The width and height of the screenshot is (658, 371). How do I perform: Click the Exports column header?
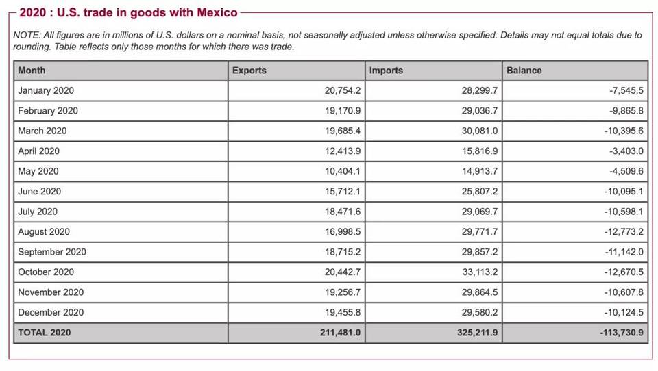pos(249,71)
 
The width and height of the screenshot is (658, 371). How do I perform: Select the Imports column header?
pos(386,71)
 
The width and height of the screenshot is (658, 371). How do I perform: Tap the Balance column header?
pos(524,71)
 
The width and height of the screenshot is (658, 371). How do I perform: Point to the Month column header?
pos(32,71)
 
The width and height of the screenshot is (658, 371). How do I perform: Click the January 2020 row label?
pos(46,90)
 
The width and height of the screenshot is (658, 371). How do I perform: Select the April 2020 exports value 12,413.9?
pos(343,151)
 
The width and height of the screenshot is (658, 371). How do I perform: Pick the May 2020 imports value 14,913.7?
pos(480,171)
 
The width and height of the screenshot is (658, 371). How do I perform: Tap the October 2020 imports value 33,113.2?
pos(480,272)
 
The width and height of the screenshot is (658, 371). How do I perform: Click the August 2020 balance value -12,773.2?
pos(623,232)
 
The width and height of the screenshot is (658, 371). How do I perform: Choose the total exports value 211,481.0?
pos(340,333)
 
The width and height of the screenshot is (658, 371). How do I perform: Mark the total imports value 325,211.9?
pos(477,333)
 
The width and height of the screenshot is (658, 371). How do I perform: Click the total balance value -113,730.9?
pos(620,333)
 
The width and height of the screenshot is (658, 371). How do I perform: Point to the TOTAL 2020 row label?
pos(44,333)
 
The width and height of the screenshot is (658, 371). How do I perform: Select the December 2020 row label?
pos(51,312)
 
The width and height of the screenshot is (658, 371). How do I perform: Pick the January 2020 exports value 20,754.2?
pos(343,90)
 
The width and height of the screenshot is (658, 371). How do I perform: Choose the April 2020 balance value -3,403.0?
pos(626,151)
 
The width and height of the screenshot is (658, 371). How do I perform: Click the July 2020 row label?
pos(38,212)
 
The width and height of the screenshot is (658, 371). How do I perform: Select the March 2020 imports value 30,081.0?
pos(480,131)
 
